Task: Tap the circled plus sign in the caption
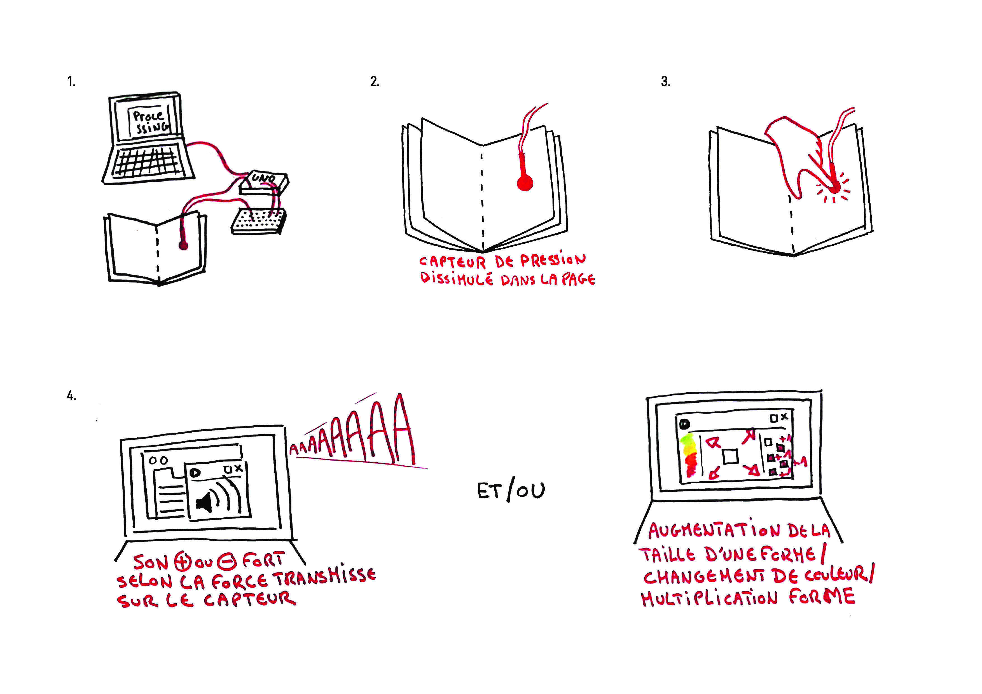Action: (x=182, y=562)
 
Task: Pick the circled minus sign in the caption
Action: (x=227, y=562)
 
